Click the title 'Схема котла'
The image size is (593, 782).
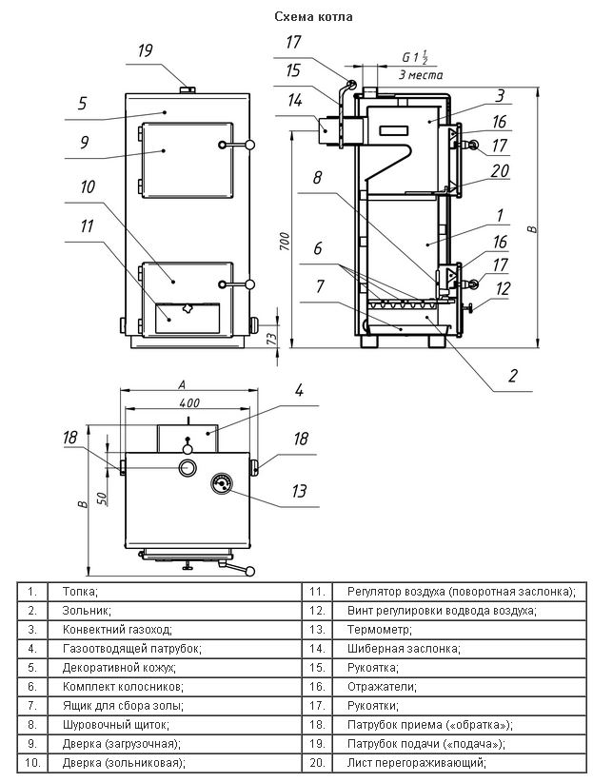[313, 17]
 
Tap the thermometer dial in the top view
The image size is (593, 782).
[222, 482]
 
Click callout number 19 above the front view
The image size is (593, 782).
[145, 50]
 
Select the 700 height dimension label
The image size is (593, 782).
[285, 242]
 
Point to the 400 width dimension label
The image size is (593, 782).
[188, 402]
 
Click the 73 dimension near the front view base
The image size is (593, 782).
[271, 339]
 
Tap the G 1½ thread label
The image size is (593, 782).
[415, 57]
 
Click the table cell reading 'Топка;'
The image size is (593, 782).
[80, 592]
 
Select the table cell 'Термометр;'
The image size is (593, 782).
[380, 630]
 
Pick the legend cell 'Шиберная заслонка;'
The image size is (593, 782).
[404, 649]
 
